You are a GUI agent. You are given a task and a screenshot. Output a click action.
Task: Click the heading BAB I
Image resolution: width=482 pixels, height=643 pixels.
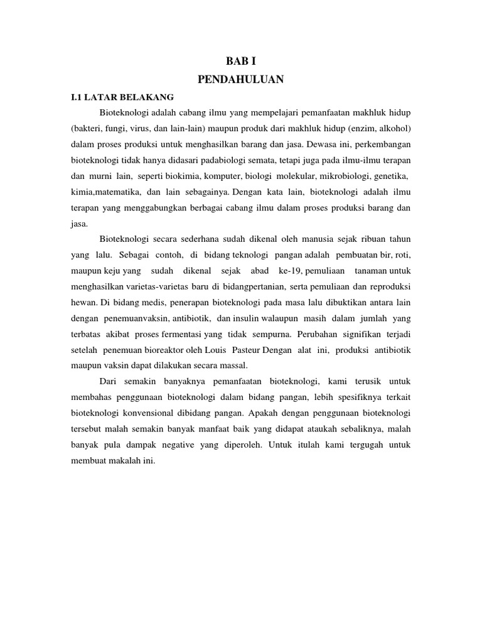pos(241,61)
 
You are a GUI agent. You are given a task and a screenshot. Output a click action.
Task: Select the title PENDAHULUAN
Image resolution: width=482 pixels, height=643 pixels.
pos(241,79)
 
